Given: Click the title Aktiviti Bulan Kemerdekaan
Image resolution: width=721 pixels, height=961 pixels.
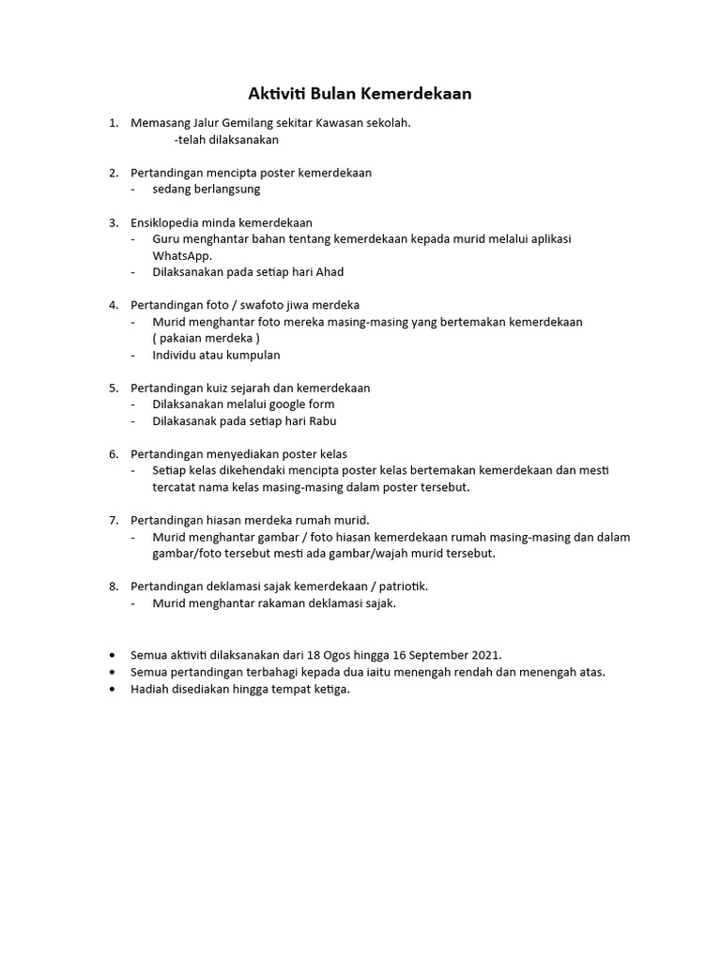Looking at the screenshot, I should (360, 94).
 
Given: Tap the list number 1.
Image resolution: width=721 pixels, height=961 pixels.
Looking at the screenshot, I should (113, 123).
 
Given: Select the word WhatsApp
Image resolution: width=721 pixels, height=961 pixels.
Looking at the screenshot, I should (182, 255).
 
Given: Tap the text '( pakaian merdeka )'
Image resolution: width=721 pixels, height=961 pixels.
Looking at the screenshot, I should (206, 338).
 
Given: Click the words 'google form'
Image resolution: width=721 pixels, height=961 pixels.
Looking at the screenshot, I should (301, 404).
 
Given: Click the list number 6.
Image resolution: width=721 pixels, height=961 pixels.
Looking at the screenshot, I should (113, 454).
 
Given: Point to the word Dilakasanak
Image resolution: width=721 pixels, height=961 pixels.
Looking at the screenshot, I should (186, 421).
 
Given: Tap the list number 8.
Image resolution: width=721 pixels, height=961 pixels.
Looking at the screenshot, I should (113, 587).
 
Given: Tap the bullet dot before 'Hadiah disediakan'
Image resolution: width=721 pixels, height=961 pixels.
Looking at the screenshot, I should (113, 690).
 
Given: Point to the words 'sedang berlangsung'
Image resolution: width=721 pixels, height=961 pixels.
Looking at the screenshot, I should (206, 190).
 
